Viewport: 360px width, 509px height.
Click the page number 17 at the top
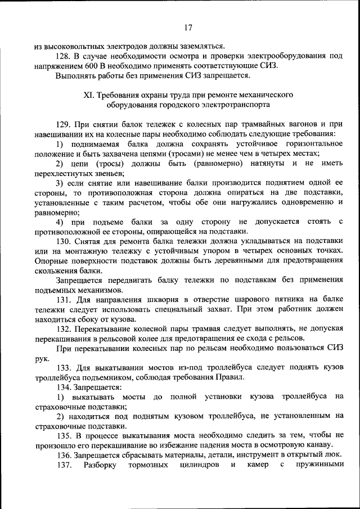coord(188,27)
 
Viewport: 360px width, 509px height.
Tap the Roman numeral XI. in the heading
coord(89,95)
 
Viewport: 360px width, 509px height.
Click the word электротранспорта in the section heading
coord(238,105)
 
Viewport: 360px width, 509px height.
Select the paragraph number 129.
coord(64,124)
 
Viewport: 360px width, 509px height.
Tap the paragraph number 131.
coord(64,299)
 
